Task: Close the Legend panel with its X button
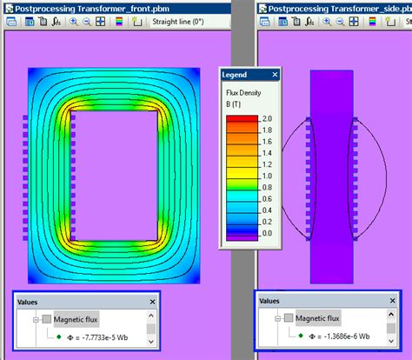point(274,75)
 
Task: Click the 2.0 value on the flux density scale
point(268,119)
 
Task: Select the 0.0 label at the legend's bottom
point(268,233)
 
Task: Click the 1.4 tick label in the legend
point(268,153)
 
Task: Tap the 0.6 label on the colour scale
point(268,198)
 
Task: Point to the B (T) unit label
point(235,104)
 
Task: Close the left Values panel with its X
point(152,301)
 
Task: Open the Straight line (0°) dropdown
point(178,22)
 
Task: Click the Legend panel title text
point(235,75)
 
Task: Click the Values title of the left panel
point(30,301)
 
